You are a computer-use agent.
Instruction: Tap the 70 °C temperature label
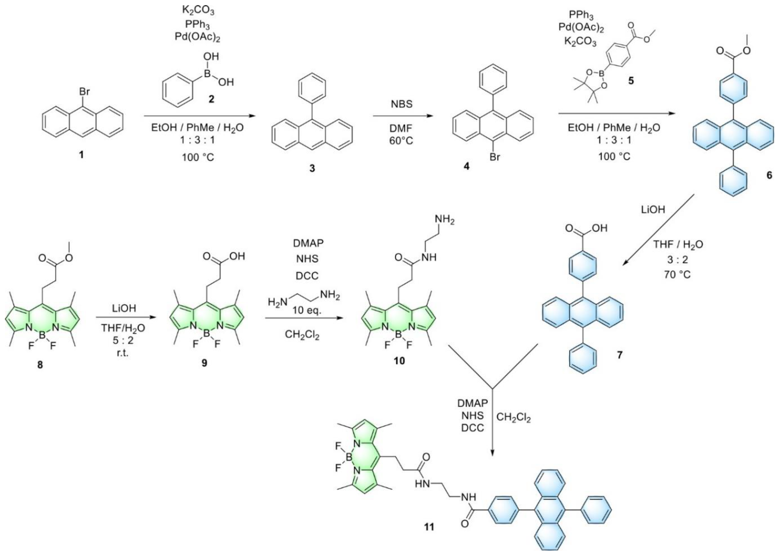coord(677,274)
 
